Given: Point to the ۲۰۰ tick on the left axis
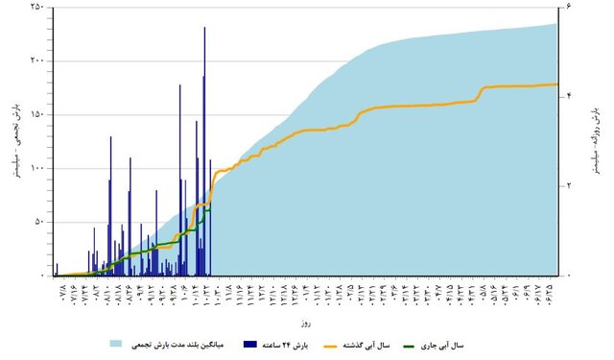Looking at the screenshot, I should tap(37, 60).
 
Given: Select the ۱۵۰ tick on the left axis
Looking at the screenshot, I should tap(37, 114).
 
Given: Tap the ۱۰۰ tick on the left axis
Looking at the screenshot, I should tap(37, 168).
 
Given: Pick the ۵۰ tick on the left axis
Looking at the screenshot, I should tap(39, 222).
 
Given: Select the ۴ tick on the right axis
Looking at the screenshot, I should tap(569, 96).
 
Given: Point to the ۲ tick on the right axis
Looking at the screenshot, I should tap(569, 185).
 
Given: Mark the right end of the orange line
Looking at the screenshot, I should tap(558, 84).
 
